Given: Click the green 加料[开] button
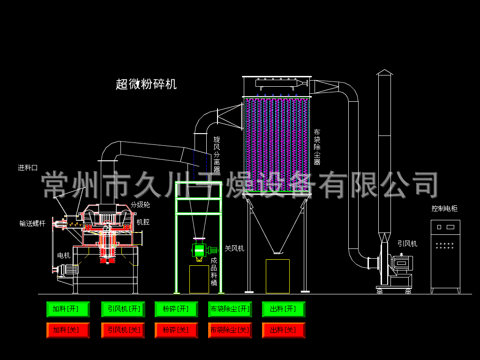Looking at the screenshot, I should (68, 309).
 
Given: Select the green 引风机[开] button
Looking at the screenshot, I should (123, 309).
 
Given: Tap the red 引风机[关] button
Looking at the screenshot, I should (123, 330).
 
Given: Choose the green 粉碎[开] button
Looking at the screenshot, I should (176, 309).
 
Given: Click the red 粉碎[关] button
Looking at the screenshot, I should (176, 330).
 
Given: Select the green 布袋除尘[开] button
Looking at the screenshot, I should (230, 309).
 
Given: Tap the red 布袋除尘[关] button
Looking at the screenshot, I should (230, 330).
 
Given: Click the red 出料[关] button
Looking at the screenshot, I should (284, 330).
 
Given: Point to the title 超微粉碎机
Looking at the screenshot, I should (146, 84).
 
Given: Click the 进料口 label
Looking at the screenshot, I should (28, 168).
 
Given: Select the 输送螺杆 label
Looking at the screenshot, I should (32, 224).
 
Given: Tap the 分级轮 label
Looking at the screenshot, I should (140, 205).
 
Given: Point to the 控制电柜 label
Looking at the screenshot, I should (444, 209).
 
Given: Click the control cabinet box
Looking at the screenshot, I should (445, 255).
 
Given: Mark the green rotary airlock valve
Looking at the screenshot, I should (199, 250).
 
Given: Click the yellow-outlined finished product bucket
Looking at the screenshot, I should (199, 279).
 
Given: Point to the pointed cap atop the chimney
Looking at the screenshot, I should (384, 72).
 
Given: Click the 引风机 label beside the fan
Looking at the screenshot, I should (407, 244).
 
